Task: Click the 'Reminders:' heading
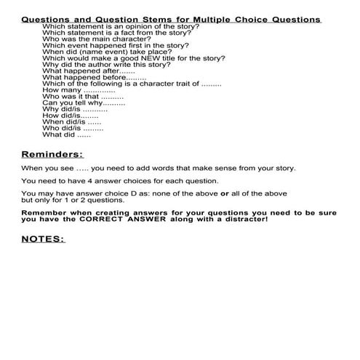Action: pyautogui.click(x=52, y=154)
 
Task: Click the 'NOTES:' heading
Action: pyautogui.click(x=43, y=239)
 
